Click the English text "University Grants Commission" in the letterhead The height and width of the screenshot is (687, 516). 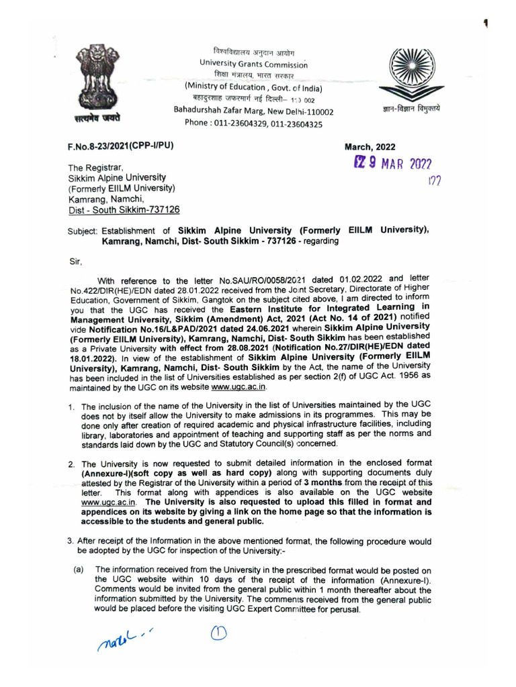click(253, 63)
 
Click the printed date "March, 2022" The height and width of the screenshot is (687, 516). click(370, 148)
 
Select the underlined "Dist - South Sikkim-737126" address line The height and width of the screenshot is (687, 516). click(124, 209)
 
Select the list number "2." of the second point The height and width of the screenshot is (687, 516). click(71, 464)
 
